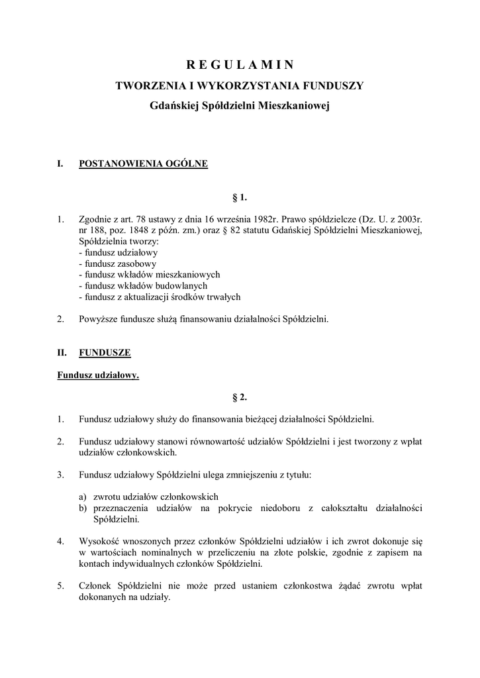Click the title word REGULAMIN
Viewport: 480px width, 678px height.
click(x=239, y=64)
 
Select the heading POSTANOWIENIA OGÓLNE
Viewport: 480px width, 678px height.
click(x=143, y=164)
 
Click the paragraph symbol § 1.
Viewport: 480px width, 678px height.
click(x=239, y=197)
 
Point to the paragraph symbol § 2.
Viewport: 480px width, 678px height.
click(x=239, y=397)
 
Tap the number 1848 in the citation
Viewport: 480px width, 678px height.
click(x=144, y=230)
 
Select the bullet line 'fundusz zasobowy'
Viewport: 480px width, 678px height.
click(x=115, y=263)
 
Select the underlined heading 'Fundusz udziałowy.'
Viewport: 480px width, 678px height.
click(x=97, y=375)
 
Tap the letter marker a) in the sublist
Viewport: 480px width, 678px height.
click(x=82, y=497)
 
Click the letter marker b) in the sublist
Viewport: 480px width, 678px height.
click(x=83, y=508)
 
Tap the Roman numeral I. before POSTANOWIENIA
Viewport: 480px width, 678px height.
click(x=61, y=164)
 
